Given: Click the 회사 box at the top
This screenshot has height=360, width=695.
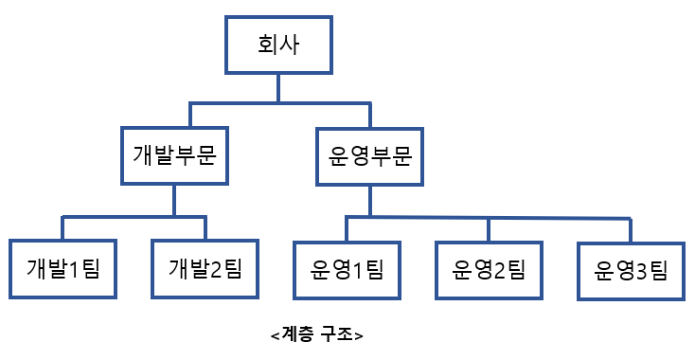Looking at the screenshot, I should point(277,45).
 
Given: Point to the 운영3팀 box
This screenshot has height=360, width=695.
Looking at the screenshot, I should point(631,270).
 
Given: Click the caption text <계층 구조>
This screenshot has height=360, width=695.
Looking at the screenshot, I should point(316,334).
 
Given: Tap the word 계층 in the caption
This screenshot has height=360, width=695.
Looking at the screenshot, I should point(298,334).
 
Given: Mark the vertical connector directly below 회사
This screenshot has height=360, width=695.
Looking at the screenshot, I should point(277,87).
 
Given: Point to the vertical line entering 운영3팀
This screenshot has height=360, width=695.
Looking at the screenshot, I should point(631,230).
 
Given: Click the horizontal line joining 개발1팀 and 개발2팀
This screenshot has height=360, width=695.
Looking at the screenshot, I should point(134,217).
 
